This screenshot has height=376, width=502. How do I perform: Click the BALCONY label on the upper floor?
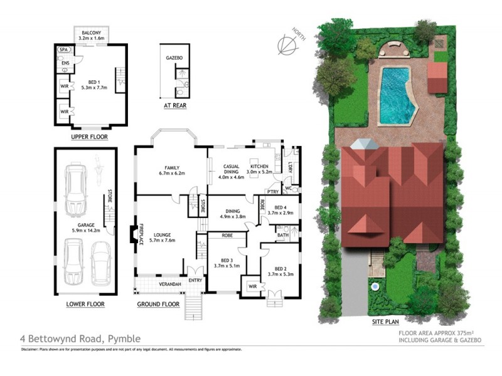tap(92, 33)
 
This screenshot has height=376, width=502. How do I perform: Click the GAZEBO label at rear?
tap(174, 57)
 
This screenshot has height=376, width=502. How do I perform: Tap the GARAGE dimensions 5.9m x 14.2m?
tap(85, 231)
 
